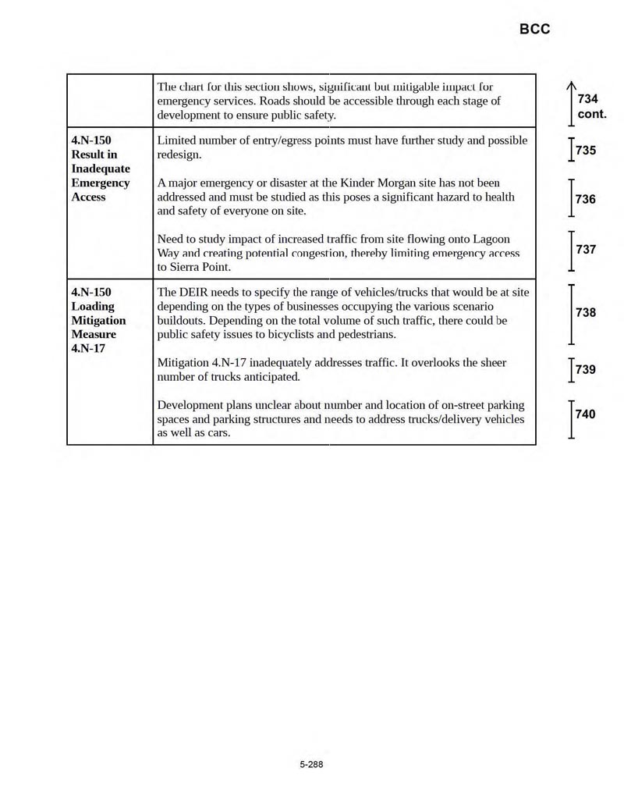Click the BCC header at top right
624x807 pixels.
click(x=534, y=29)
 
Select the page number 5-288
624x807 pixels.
click(x=311, y=764)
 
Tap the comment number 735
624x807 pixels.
click(x=586, y=150)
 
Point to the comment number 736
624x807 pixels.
click(x=586, y=199)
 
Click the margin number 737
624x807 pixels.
click(x=586, y=250)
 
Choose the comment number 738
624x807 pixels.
click(x=586, y=312)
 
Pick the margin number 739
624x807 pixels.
click(x=586, y=369)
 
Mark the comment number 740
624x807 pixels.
click(x=586, y=414)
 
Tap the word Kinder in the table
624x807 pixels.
click(x=358, y=183)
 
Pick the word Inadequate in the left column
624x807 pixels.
click(x=101, y=169)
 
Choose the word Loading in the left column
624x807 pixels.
click(x=93, y=307)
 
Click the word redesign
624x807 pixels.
click(x=179, y=155)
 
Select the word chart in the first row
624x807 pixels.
click(x=195, y=87)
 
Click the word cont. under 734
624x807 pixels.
click(x=592, y=114)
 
